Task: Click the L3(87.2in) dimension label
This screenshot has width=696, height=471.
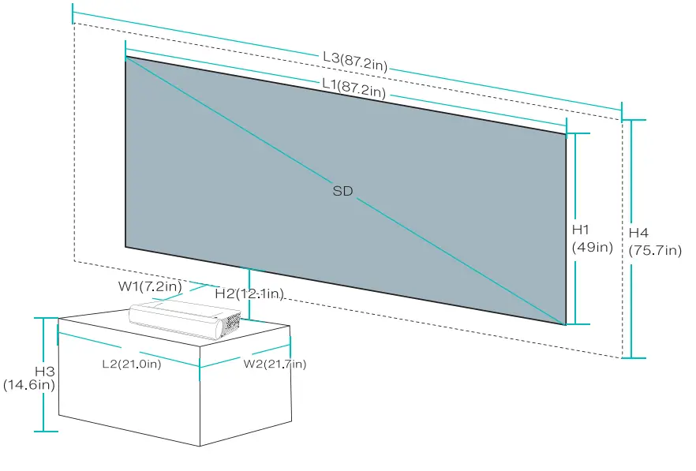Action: (x=355, y=61)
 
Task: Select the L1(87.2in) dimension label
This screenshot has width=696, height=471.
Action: (x=354, y=87)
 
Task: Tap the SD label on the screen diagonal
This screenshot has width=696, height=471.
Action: (x=342, y=191)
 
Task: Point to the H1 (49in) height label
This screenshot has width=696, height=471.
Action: (x=592, y=238)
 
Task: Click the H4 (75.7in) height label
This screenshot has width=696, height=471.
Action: (x=654, y=242)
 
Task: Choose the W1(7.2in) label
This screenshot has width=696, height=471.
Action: (x=150, y=285)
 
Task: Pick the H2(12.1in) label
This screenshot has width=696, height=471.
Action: (x=249, y=293)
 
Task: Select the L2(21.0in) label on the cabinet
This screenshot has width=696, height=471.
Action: (x=131, y=364)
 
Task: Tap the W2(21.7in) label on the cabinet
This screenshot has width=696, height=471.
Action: (x=275, y=364)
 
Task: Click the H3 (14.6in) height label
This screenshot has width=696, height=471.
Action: (x=29, y=378)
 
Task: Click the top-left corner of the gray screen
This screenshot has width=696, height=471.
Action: (x=126, y=57)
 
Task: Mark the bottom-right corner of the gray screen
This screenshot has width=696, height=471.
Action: (x=566, y=324)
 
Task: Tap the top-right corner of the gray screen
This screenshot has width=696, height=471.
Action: (x=566, y=134)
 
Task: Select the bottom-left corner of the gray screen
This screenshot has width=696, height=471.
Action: (x=126, y=246)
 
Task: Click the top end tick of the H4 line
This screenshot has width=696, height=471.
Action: (x=633, y=121)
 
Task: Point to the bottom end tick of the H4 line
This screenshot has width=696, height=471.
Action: (x=633, y=357)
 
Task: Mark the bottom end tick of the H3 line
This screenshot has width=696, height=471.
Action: (x=45, y=431)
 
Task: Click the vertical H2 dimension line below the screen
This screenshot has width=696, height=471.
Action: (x=249, y=280)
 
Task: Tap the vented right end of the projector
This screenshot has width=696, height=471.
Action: (x=230, y=323)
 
